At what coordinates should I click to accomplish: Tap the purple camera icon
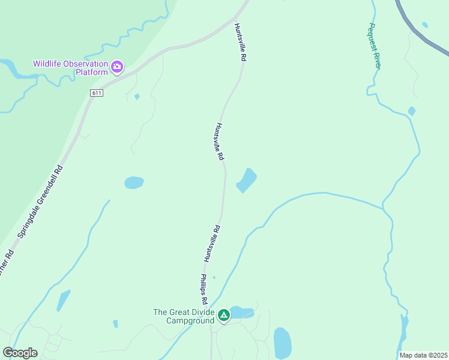(117, 65)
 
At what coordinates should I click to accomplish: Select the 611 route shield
(97, 92)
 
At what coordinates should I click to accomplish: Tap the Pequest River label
(375, 46)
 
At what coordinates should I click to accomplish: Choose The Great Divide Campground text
(184, 316)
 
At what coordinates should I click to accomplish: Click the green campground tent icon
(223, 315)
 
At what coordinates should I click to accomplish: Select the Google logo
(20, 352)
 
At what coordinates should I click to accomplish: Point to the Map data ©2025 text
(423, 355)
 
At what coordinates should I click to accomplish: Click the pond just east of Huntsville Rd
(246, 180)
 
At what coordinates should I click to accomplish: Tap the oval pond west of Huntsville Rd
(134, 182)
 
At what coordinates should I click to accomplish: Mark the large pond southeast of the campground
(282, 343)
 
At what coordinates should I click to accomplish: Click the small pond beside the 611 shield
(137, 97)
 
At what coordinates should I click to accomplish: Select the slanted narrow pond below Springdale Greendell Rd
(63, 300)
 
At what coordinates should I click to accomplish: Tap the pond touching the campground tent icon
(241, 313)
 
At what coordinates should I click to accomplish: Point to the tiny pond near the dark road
(425, 25)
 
